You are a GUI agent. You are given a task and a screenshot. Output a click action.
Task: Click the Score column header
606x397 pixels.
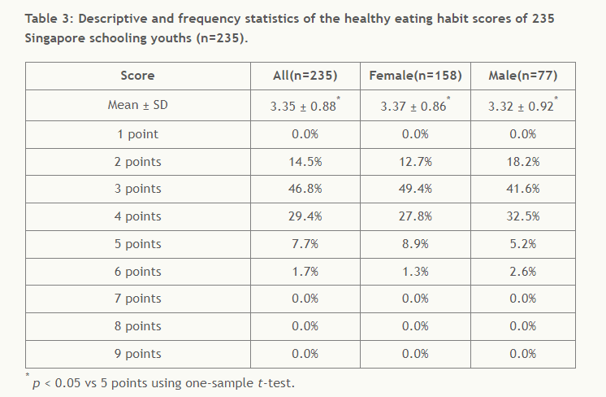point(137,76)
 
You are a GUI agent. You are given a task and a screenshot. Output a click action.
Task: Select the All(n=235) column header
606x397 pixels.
point(305,76)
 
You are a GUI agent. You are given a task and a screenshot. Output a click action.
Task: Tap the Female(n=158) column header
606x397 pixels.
point(415,76)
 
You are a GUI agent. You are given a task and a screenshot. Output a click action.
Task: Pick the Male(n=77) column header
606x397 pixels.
point(522,76)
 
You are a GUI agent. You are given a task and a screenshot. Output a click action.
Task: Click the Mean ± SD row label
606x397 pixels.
point(137,106)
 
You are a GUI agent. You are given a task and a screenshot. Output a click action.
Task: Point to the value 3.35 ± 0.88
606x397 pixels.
point(303,106)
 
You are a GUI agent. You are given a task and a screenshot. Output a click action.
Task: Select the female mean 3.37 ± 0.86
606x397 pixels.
point(413,106)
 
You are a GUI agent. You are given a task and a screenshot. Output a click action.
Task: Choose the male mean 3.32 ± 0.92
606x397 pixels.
point(521,106)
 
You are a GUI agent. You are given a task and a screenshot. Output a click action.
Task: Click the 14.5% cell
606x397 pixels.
point(305,162)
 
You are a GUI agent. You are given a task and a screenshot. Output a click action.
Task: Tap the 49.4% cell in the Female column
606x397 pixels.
point(415,189)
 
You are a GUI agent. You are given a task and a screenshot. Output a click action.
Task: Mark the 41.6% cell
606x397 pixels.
point(522,189)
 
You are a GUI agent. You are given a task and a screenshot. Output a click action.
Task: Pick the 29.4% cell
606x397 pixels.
point(305,216)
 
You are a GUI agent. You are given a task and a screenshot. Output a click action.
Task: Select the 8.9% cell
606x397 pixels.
point(415,244)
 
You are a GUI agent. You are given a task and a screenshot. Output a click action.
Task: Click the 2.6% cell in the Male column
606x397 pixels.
point(522,272)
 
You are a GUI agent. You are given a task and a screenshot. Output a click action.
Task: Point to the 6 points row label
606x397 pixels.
point(137,272)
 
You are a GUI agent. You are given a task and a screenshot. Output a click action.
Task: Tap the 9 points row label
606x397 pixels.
point(137,354)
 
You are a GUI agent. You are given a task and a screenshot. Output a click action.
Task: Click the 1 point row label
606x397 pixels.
point(137,134)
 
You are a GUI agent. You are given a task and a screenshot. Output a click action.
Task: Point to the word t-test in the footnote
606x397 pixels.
point(273,382)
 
